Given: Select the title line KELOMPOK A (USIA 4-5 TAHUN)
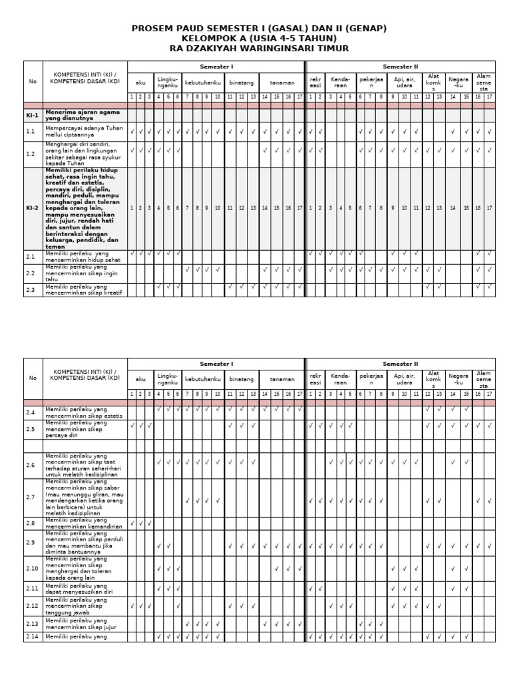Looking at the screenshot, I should pyautogui.click(x=259, y=39).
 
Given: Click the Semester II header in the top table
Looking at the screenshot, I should pyautogui.click(x=400, y=67).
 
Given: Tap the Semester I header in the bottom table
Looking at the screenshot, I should pyautogui.click(x=216, y=364).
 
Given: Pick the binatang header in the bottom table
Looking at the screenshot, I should pyautogui.click(x=242, y=379).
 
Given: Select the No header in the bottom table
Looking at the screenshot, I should pyautogui.click(x=33, y=378).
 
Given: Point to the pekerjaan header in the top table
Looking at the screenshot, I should pyautogui.click(x=372, y=82).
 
